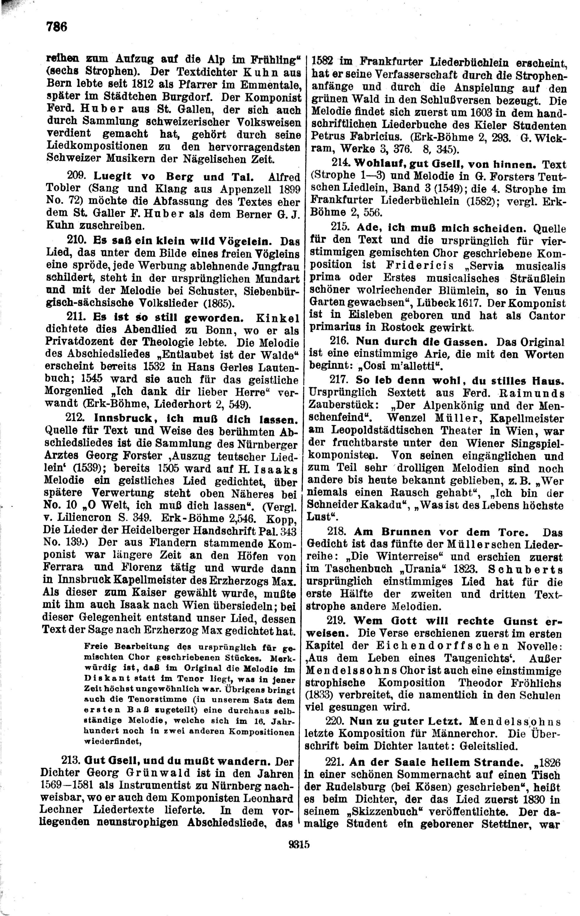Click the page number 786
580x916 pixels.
57,27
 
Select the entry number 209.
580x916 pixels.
78,176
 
